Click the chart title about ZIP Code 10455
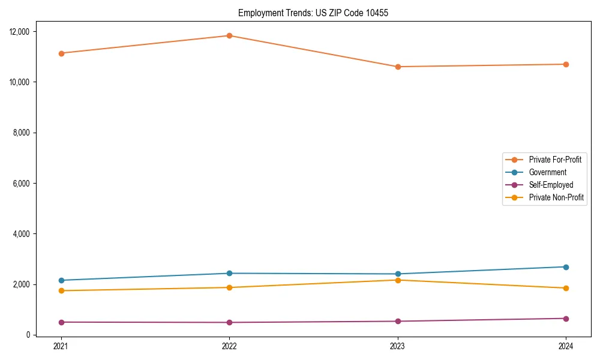pyautogui.click(x=313, y=13)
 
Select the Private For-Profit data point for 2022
pyautogui.click(x=229, y=35)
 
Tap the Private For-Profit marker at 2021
pyautogui.click(x=61, y=53)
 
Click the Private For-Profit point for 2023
pyautogui.click(x=398, y=67)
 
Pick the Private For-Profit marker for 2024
pyautogui.click(x=566, y=64)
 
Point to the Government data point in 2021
pyautogui.click(x=61, y=280)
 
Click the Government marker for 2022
pyautogui.click(x=229, y=274)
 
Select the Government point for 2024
pyautogui.click(x=566, y=267)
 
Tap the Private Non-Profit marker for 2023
pyautogui.click(x=398, y=280)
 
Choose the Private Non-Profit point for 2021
pyautogui.click(x=61, y=291)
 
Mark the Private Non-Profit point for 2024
pyautogui.click(x=566, y=288)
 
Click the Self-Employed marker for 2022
pyautogui.click(x=229, y=322)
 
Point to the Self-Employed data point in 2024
pyautogui.click(x=566, y=319)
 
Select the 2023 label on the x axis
pyautogui.click(x=398, y=346)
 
